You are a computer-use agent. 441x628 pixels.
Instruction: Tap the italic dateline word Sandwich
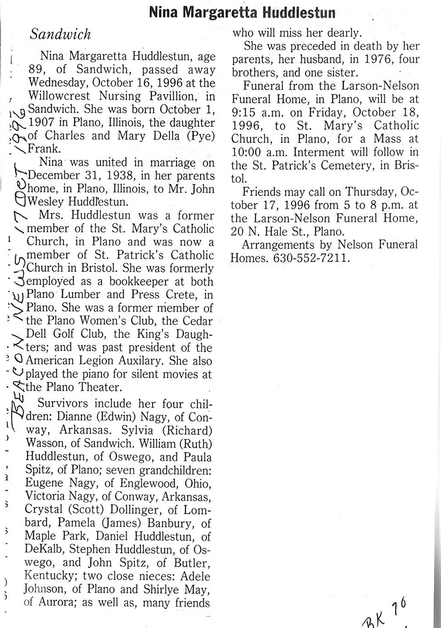(60, 35)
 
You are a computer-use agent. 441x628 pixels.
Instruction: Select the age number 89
(36, 70)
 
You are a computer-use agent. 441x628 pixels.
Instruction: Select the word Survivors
(63, 403)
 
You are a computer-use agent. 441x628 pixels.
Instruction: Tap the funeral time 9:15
(245, 113)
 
